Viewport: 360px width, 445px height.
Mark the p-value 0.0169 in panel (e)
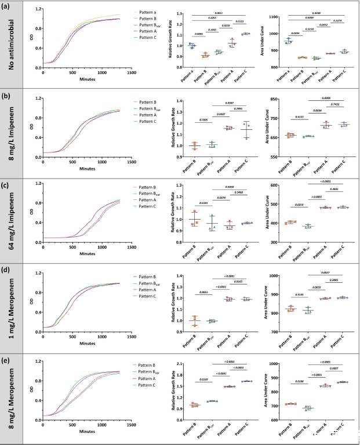pos(204,379)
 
